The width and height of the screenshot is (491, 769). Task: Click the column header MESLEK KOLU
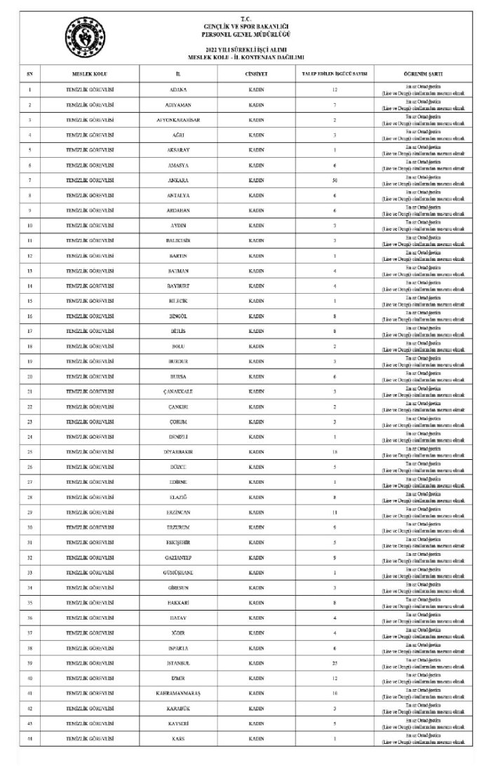pyautogui.click(x=90, y=73)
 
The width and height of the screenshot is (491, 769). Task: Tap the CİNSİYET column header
pyautogui.click(x=256, y=73)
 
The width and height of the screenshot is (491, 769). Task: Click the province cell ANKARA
pyautogui.click(x=178, y=180)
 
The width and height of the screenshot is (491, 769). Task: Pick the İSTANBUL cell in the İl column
pyautogui.click(x=178, y=662)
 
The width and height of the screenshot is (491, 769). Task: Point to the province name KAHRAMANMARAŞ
pyautogui.click(x=178, y=693)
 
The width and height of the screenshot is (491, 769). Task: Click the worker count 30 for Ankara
pyautogui.click(x=335, y=180)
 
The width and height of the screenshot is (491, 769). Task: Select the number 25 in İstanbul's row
pyautogui.click(x=335, y=662)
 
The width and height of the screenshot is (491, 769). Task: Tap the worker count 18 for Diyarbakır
pyautogui.click(x=335, y=451)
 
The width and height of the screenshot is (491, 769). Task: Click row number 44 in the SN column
pyautogui.click(x=30, y=738)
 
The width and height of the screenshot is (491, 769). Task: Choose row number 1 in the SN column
pyautogui.click(x=30, y=90)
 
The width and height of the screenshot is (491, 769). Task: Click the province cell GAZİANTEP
pyautogui.click(x=178, y=557)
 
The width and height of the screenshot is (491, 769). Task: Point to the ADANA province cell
pyautogui.click(x=178, y=90)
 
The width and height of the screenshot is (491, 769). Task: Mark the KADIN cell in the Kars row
pyautogui.click(x=256, y=738)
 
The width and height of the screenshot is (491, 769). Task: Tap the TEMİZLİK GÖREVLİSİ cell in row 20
pyautogui.click(x=90, y=376)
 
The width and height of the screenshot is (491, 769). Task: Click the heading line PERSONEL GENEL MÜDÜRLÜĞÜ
pyautogui.click(x=245, y=33)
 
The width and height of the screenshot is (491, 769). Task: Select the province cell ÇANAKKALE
pyautogui.click(x=178, y=391)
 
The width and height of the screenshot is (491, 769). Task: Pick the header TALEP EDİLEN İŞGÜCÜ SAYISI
pyautogui.click(x=335, y=73)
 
